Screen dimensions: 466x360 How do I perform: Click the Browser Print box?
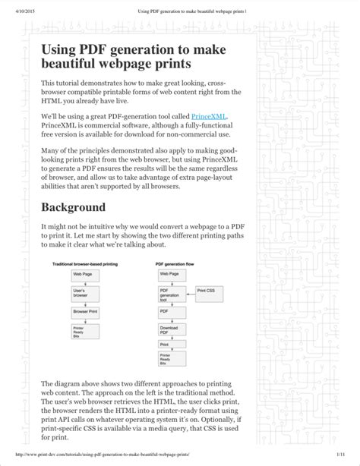click(x=86, y=311)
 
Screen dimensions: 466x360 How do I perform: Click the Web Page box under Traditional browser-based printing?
click(x=83, y=272)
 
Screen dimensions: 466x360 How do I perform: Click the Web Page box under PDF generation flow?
click(x=169, y=272)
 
